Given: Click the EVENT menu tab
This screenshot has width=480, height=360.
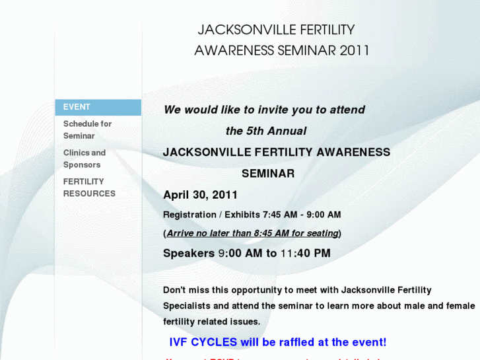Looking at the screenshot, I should coord(77,107).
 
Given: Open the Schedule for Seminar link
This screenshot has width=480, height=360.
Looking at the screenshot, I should coord(87,129).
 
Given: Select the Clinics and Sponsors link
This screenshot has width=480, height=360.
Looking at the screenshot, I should coord(84,159).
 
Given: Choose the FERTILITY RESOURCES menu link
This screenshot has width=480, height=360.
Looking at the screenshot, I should coord(89,188).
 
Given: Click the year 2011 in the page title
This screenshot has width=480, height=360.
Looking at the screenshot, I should coord(355,51).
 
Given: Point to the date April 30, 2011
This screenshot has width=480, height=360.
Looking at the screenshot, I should coord(200,195).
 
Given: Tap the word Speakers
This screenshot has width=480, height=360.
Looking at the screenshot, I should coord(188,253).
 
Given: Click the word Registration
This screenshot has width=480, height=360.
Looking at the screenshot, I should coord(189,215).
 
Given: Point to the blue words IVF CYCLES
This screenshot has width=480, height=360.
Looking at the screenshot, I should coord(203,342).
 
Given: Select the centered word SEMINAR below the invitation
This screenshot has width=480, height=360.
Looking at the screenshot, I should coord(268,174).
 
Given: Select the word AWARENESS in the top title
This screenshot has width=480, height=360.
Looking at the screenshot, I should coord(234,51).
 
